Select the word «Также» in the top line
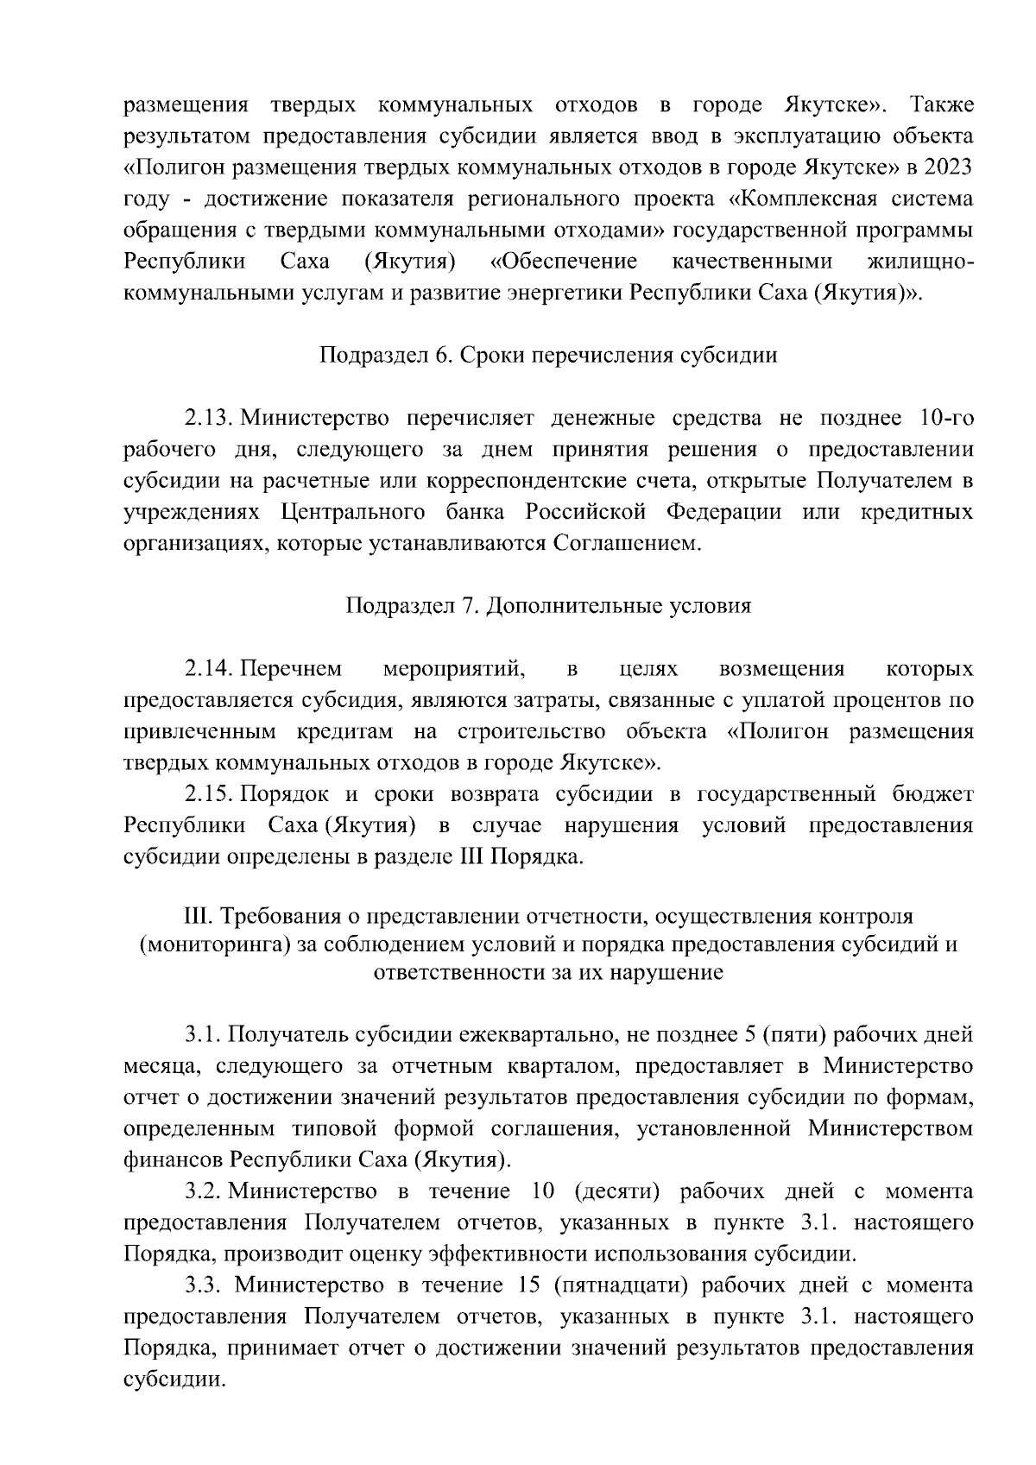tap(941, 105)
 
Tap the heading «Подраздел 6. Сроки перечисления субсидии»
tap(548, 356)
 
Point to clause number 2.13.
tap(209, 419)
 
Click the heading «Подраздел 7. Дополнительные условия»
tap(548, 606)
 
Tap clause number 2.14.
tap(209, 669)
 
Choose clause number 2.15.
tap(209, 794)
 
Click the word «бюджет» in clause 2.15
tap(937, 794)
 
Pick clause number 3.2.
tap(205, 1191)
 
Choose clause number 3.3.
tap(205, 1285)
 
